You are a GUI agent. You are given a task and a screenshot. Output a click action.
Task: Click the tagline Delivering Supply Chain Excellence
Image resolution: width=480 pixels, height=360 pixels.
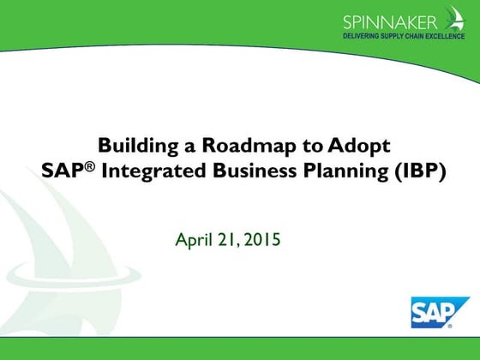pyautogui.click(x=404, y=37)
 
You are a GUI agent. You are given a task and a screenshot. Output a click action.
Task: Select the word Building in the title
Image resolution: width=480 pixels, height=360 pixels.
pyautogui.click(x=132, y=145)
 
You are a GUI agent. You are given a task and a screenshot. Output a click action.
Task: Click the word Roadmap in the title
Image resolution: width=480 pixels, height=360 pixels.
pyautogui.click(x=230, y=145)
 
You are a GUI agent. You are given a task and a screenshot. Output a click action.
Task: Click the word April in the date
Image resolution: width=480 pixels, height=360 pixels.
pyautogui.click(x=193, y=239)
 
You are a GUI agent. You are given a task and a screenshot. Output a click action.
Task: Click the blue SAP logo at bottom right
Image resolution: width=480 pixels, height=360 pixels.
pyautogui.click(x=439, y=314)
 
